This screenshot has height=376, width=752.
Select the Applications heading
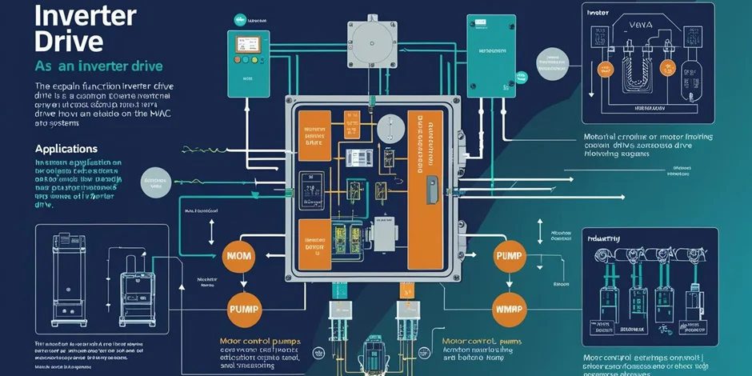tap(66, 149)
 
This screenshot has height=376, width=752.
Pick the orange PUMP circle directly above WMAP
tap(512, 256)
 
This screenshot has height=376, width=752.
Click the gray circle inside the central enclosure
tap(390, 128)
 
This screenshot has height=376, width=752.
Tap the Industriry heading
tap(606, 238)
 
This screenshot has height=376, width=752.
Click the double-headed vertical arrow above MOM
tap(212, 231)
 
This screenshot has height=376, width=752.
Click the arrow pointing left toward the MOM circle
tap(272, 256)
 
